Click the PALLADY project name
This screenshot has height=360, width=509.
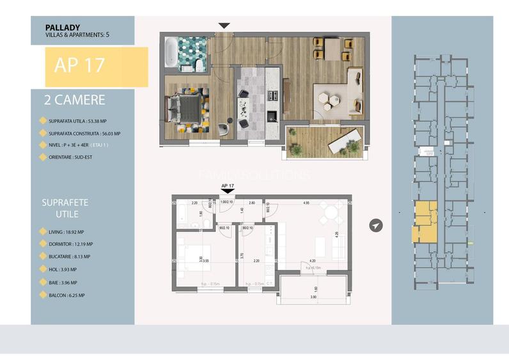tap(63, 27)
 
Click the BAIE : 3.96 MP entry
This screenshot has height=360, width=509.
tap(65, 283)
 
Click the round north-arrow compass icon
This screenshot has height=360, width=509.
tap(377, 226)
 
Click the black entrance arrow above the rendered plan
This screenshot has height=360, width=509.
tap(224, 26)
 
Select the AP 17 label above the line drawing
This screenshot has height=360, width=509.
tap(228, 186)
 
